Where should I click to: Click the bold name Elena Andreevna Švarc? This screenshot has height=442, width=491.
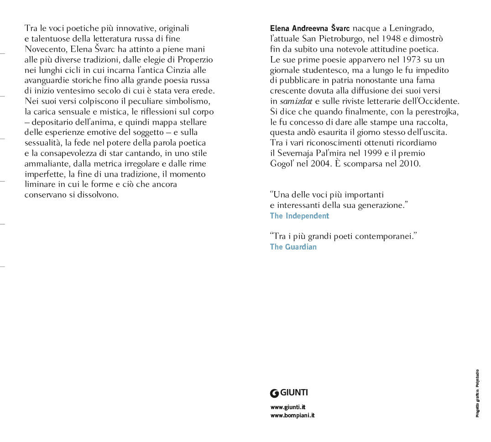tap(310, 28)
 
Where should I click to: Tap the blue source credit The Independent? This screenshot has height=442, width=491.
tap(299, 216)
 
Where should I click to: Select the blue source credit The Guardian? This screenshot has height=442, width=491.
tap(293, 247)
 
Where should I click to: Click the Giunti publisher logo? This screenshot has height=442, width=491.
tap(289, 393)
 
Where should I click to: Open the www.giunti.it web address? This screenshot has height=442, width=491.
tap(288, 407)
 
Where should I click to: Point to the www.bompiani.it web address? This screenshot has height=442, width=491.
tap(292, 415)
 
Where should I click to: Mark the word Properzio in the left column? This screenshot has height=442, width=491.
tap(195, 60)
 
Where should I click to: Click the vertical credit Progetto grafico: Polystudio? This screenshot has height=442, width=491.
tap(477, 393)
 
